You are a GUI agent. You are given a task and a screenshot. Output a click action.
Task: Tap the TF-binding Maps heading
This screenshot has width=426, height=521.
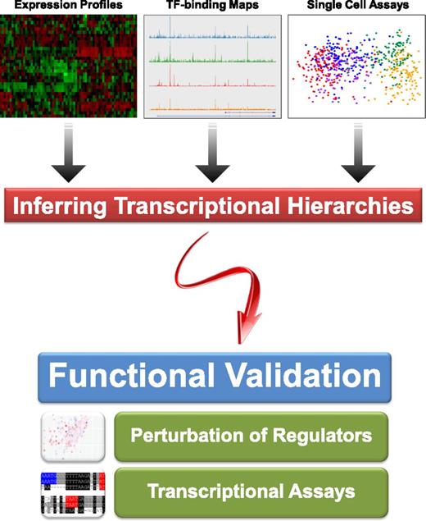(x=213, y=6)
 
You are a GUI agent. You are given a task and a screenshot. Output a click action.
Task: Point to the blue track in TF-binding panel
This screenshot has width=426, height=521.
(x=213, y=36)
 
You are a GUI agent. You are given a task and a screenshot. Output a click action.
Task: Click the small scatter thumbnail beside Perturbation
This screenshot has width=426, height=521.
(x=73, y=436)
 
